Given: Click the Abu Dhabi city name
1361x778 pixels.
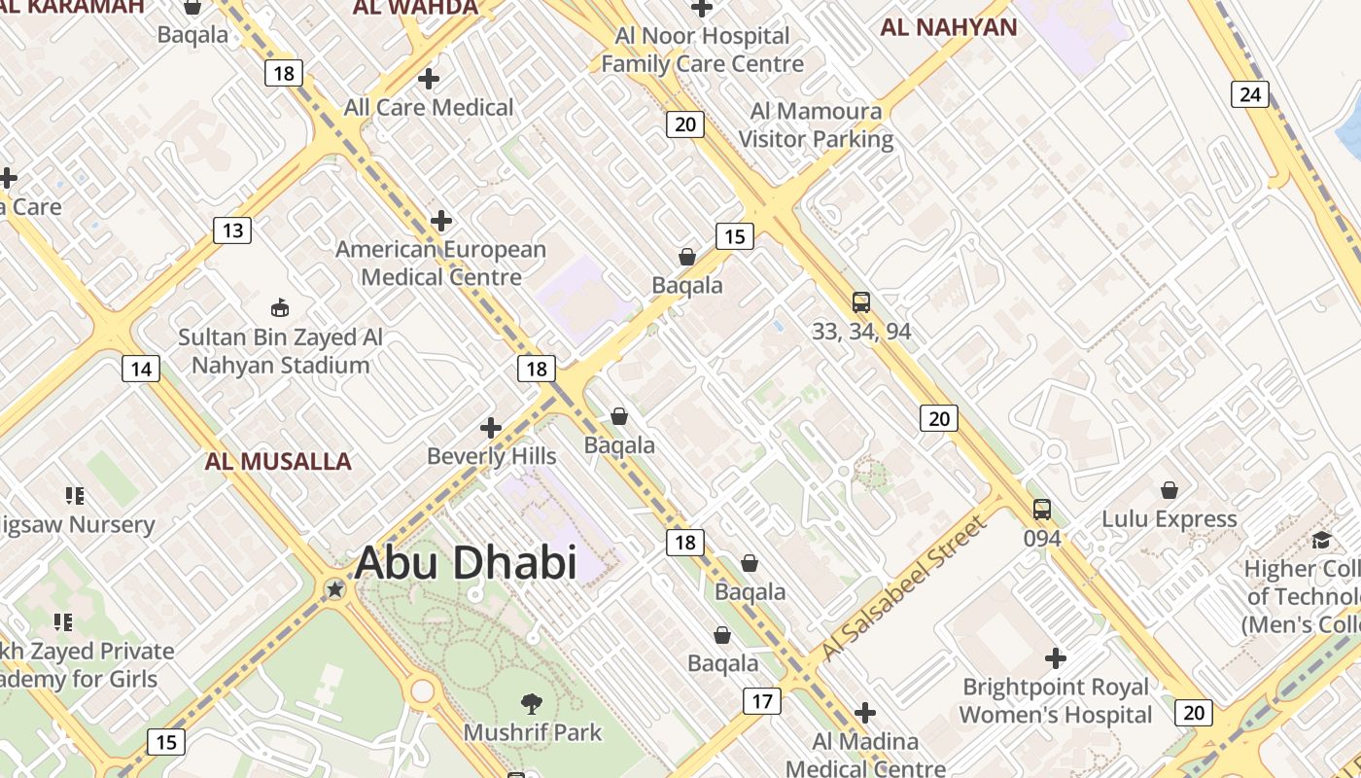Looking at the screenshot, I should point(466,563).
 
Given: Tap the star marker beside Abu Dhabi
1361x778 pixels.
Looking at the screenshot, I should point(335,589).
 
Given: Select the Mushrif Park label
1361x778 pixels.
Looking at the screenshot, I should point(533,732).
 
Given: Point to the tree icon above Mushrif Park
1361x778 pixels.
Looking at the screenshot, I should point(532,702).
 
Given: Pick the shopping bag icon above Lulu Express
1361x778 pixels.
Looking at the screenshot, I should point(1169,490).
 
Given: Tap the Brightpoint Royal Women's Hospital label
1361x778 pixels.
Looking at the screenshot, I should point(1056,701).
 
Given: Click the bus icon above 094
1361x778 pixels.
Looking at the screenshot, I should point(1042,509).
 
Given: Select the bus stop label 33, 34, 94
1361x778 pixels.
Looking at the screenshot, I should point(861,332).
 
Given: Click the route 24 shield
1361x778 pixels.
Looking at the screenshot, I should point(1250,94).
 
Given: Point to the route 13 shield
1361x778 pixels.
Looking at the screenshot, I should point(232,230).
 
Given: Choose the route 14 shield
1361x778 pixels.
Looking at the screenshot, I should point(141,369).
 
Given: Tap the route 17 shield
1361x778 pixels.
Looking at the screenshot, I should point(762,700).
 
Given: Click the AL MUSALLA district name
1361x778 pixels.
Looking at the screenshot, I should point(278,461).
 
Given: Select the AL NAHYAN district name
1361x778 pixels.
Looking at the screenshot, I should point(949,27).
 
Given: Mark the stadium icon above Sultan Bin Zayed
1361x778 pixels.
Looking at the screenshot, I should point(280,307).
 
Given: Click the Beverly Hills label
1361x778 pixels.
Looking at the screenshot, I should point(492,456).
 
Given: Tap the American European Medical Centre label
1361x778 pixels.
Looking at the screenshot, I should point(441,264).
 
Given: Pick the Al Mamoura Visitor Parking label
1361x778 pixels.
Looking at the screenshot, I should point(816,125).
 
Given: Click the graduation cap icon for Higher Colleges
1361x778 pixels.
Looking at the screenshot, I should point(1321,540).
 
